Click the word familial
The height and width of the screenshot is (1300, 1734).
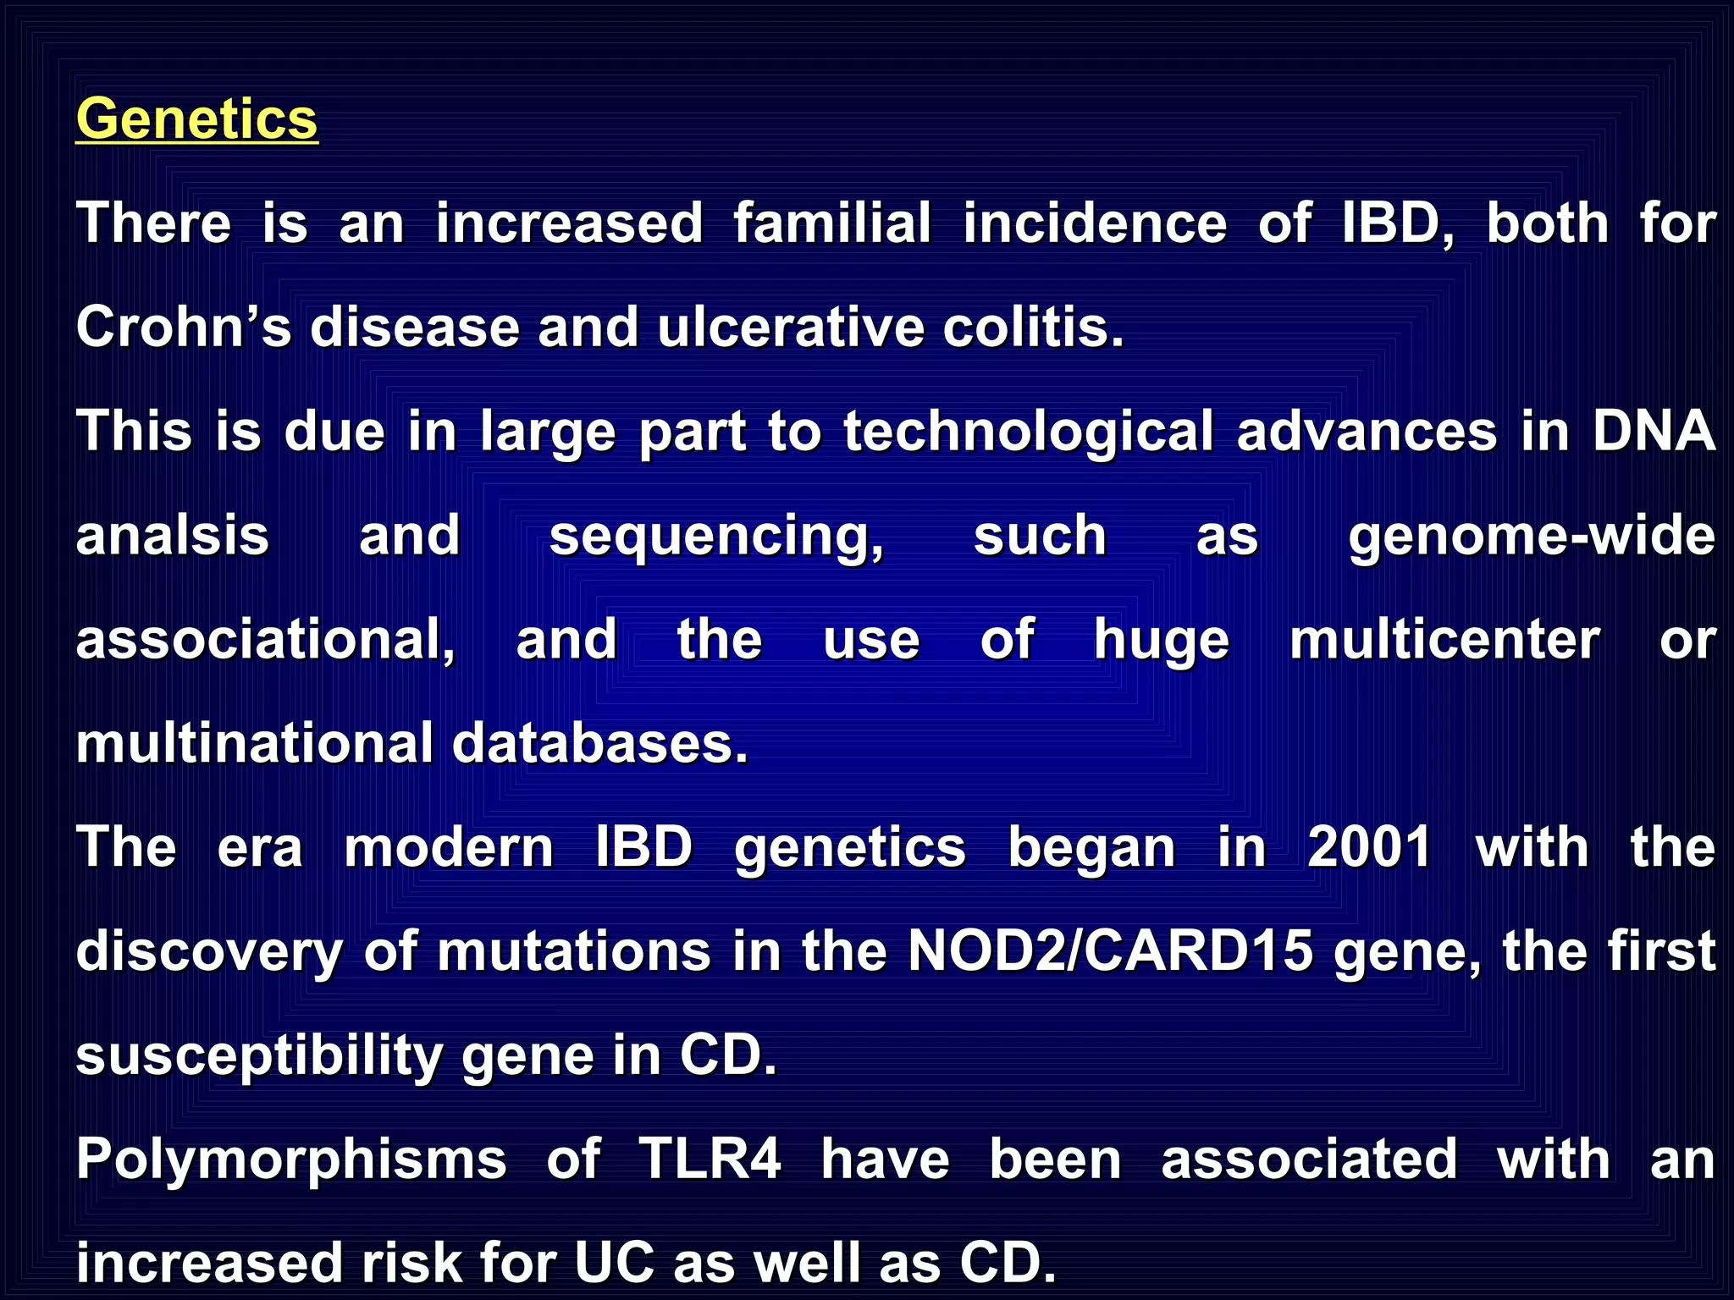832,223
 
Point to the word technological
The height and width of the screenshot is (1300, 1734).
1029,432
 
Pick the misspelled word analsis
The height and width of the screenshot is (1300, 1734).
173,536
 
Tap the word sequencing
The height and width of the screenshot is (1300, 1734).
716,537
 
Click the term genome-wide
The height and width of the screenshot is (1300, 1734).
1532,537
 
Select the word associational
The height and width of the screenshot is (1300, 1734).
265,640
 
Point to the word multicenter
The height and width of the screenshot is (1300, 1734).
1444,640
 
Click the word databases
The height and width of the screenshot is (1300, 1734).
599,744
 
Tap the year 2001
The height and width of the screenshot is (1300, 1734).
1369,847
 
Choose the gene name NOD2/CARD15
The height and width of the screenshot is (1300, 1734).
1110,951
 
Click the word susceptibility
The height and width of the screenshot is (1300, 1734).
259,1057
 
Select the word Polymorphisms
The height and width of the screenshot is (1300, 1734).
291,1160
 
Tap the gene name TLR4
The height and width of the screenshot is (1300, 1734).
710,1160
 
